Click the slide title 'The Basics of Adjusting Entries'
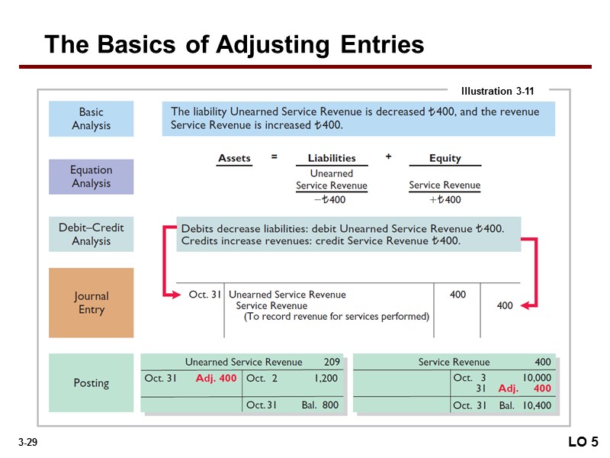(x=234, y=45)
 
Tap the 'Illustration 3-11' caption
(x=497, y=92)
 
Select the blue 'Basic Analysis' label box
(x=91, y=119)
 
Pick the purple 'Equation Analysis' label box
(x=91, y=176)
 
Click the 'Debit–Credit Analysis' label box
(x=91, y=234)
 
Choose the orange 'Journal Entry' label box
(x=91, y=302)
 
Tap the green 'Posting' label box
(x=91, y=382)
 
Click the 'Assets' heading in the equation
(x=234, y=158)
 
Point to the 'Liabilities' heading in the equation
(x=332, y=158)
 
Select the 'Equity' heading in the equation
(x=445, y=158)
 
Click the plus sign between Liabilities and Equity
(x=388, y=156)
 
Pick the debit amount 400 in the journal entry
(x=457, y=295)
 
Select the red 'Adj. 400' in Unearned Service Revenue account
(x=216, y=378)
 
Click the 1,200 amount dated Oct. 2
(x=326, y=378)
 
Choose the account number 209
(x=332, y=362)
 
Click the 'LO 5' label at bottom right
(x=583, y=442)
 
